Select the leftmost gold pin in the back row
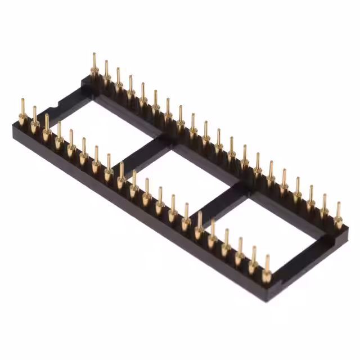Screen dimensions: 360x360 pyautogui.click(x=94, y=66)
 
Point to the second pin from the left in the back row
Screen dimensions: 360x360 pyautogui.click(x=106, y=74)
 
